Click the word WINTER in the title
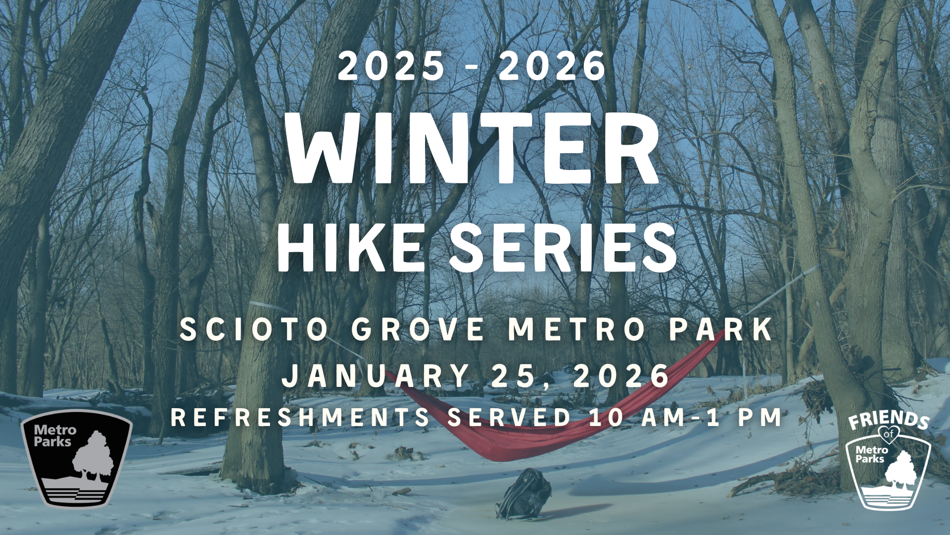474,148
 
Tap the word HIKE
350,247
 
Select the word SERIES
563,247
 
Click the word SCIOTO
254,329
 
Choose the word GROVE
419,329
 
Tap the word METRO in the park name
577,329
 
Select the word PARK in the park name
721,329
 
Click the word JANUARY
376,375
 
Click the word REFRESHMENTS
300,417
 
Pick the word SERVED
510,417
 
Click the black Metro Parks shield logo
76,459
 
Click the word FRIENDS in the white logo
889,420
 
